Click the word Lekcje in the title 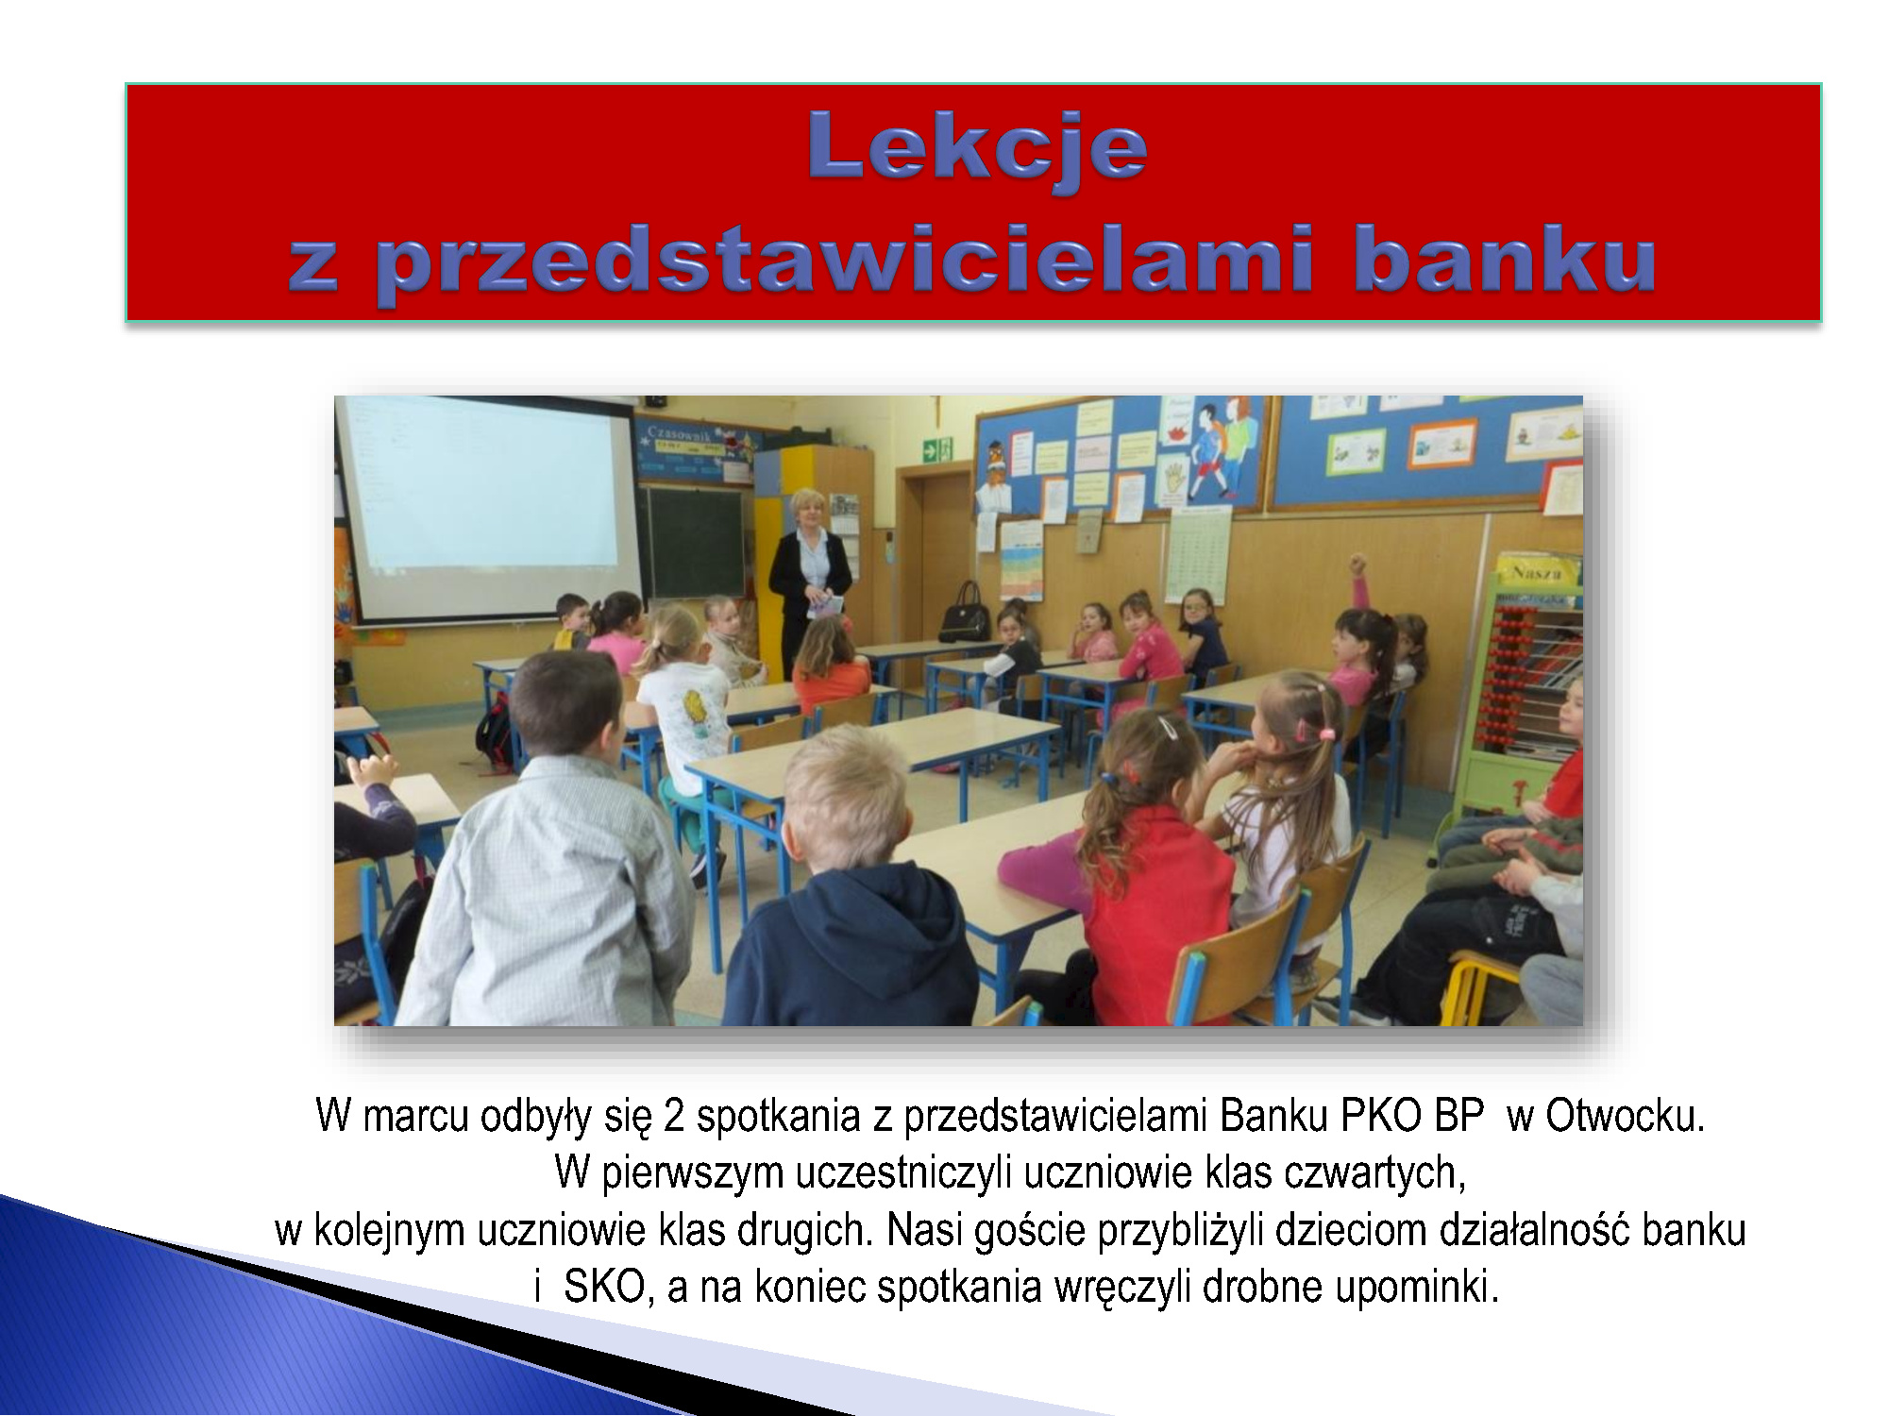click(x=977, y=146)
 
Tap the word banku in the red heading click(x=1505, y=260)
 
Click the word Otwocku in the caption click(x=1625, y=1116)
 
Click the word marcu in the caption click(x=415, y=1118)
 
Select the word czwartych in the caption click(x=1375, y=1174)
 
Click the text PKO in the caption click(x=1381, y=1116)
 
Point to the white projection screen click(x=486, y=508)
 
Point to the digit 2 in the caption click(x=674, y=1117)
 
